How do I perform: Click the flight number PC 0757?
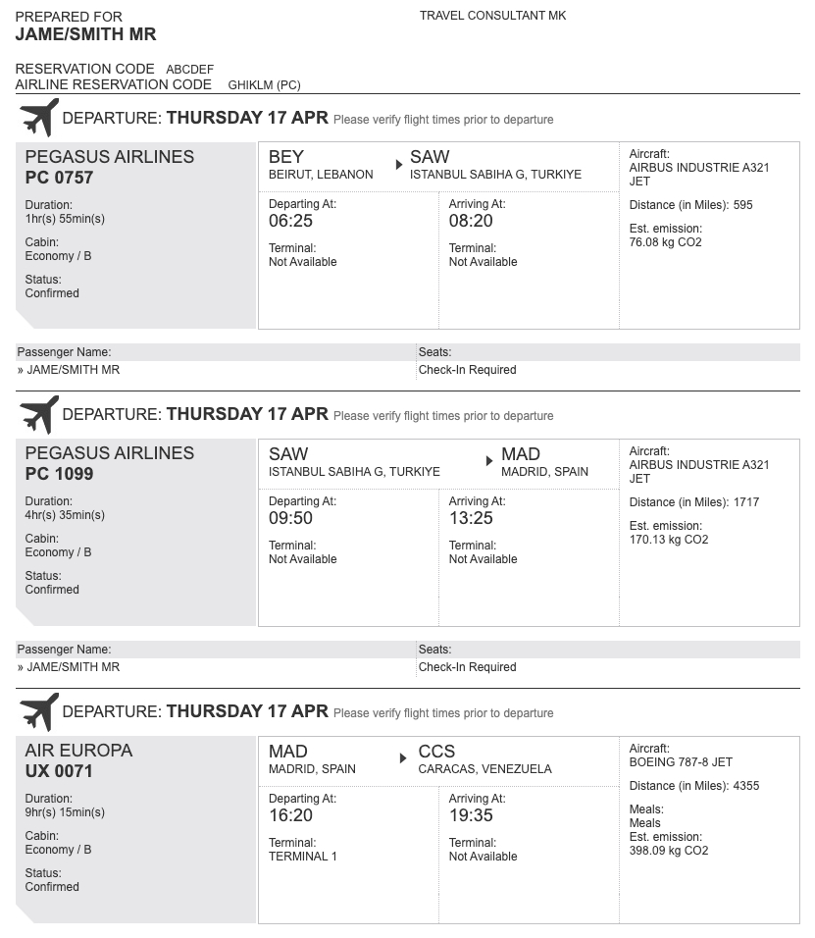[x=59, y=178]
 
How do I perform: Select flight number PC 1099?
[x=59, y=474]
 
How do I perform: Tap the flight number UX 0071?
[x=59, y=771]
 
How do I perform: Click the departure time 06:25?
[x=290, y=221]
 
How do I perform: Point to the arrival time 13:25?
[x=471, y=518]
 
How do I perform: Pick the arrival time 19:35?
[x=471, y=815]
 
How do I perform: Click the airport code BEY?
[x=286, y=157]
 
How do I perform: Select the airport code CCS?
[x=436, y=752]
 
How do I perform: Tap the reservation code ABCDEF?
[x=189, y=70]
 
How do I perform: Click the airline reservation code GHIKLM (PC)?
[x=264, y=85]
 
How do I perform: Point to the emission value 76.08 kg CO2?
[x=665, y=242]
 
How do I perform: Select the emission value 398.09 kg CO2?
[x=668, y=851]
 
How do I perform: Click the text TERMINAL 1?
[x=302, y=857]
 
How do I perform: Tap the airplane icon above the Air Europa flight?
[x=39, y=712]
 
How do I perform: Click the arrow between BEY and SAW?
[x=399, y=165]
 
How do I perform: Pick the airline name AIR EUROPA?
[x=78, y=751]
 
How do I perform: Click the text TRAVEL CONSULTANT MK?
[x=492, y=16]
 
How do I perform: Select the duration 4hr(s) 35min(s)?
[x=65, y=515]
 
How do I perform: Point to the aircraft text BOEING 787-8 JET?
[x=681, y=762]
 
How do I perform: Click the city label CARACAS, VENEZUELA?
[x=484, y=769]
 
